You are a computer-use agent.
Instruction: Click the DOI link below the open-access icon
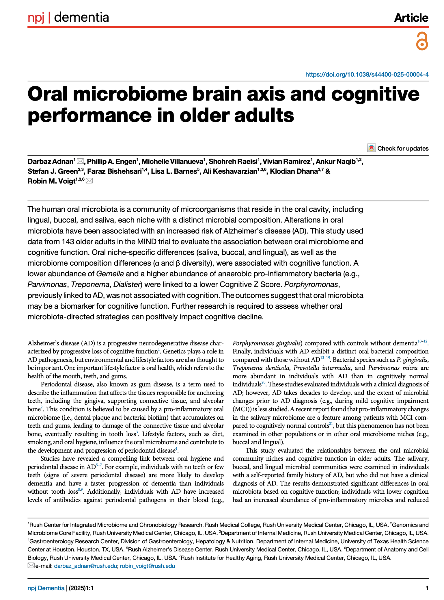point(367,75)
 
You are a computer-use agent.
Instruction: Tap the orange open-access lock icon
point(422,41)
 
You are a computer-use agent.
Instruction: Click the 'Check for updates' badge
point(398,148)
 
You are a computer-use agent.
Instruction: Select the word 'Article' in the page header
point(411,18)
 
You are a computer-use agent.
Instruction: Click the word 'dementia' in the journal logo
point(81,17)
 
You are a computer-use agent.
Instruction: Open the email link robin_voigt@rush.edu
point(147,566)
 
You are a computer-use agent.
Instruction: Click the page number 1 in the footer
point(427,588)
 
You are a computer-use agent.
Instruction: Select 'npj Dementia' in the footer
point(46,588)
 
